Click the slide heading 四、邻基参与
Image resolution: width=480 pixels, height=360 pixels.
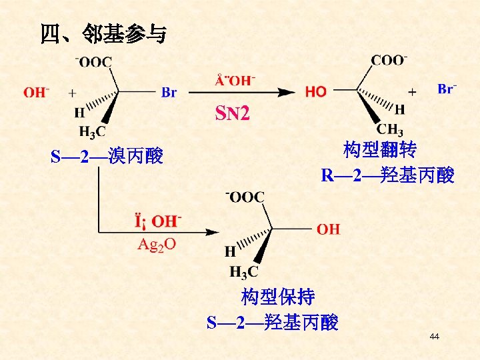(103, 33)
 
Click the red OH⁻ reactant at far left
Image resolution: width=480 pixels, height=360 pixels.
(37, 92)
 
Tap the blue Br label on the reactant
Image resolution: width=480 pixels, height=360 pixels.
(169, 93)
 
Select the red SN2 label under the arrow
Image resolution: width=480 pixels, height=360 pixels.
(232, 114)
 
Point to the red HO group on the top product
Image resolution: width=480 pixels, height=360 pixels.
(316, 92)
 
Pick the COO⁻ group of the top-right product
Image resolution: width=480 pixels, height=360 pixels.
(389, 60)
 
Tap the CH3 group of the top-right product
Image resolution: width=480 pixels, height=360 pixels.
(390, 129)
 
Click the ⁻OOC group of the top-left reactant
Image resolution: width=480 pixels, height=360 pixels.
(94, 61)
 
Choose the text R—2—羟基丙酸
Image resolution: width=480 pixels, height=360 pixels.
(387, 175)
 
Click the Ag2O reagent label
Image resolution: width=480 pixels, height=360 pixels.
(157, 244)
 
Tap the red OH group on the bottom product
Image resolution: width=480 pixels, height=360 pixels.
(328, 229)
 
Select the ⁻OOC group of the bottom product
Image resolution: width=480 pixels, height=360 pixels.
(245, 197)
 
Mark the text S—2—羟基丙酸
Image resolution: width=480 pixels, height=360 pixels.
(273, 323)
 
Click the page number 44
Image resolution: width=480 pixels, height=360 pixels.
(435, 337)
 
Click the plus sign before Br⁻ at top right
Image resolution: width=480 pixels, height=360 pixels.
(412, 91)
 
